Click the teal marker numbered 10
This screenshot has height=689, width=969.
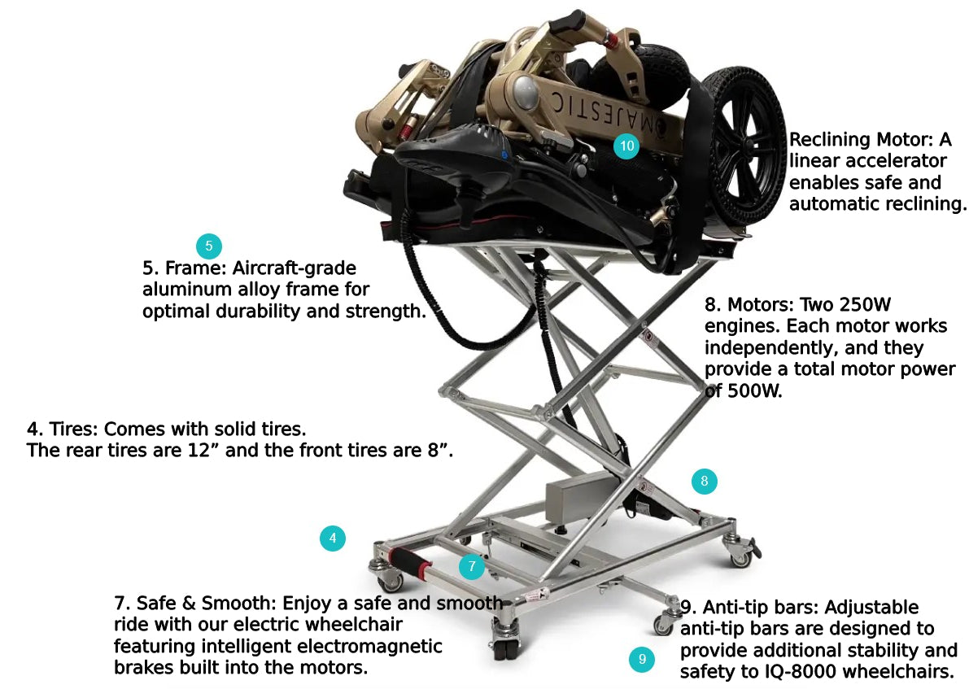pos(626,146)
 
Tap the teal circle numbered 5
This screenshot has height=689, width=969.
pos(208,246)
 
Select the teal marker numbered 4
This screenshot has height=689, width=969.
pos(332,538)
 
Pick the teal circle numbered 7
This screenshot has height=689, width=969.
pos(472,566)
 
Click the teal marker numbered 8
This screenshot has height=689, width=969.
pos(705,481)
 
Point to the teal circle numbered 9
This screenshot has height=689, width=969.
pos(642,659)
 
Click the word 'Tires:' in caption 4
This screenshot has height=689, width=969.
pos(73,429)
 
